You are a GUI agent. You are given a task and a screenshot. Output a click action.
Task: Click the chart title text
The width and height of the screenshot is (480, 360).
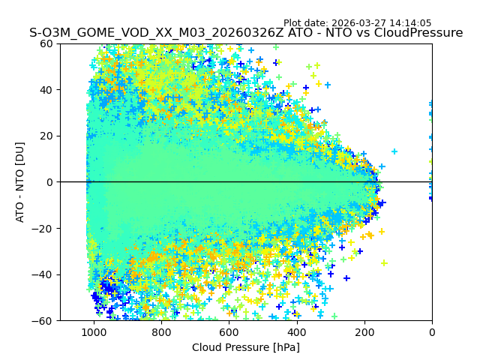coord(246,33)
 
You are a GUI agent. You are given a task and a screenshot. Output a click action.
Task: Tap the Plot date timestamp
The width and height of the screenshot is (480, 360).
coord(357,23)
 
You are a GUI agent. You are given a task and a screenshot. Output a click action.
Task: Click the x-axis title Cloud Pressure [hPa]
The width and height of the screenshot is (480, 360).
coord(246,347)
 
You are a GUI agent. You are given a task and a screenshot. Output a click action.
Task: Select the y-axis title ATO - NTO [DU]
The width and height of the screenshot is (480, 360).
coord(20,182)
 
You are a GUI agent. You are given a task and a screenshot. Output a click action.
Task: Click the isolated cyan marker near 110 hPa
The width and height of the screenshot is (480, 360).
coord(394,151)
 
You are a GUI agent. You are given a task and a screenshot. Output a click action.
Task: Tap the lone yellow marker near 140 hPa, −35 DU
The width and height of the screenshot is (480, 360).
coord(384,263)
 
